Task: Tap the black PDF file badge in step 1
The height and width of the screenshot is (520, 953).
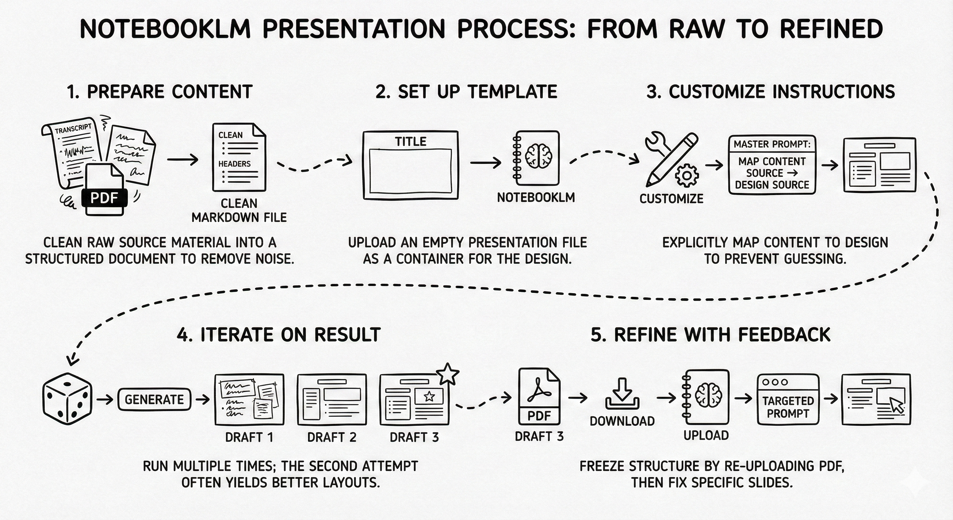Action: click(104, 198)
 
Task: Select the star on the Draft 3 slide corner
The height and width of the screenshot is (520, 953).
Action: click(448, 374)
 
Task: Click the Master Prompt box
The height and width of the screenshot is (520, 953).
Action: click(772, 165)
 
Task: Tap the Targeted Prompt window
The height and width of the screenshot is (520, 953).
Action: click(788, 400)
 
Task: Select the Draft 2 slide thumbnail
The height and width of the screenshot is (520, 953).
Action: click(332, 399)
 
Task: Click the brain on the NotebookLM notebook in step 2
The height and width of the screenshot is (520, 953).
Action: click(539, 156)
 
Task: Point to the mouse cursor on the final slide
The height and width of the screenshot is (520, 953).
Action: click(897, 405)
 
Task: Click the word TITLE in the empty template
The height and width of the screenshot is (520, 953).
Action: click(410, 142)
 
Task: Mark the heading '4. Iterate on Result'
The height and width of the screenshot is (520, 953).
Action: click(279, 334)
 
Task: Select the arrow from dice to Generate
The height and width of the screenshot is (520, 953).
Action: click(105, 400)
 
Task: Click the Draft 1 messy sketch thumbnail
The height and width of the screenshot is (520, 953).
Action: click(249, 399)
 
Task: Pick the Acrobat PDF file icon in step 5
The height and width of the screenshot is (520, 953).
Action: click(539, 396)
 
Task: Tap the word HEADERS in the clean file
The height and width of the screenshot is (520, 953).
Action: click(234, 164)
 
